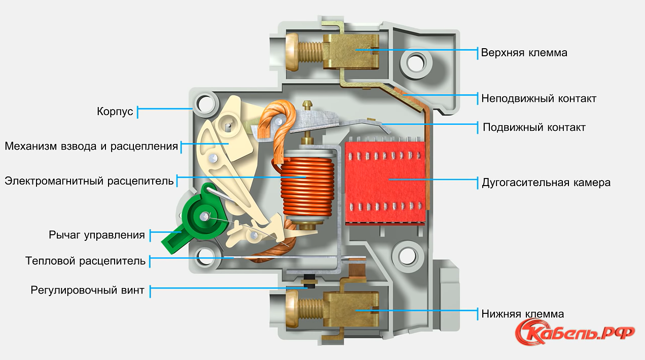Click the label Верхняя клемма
(x=524, y=53)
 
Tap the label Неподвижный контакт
(x=539, y=98)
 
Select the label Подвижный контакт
(x=534, y=127)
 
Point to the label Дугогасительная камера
(x=546, y=183)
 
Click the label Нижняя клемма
(x=522, y=314)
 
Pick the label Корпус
(x=115, y=111)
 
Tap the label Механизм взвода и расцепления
(x=91, y=147)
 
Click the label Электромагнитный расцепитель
(x=89, y=181)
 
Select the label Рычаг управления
(x=97, y=235)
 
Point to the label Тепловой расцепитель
(x=86, y=261)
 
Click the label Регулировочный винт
(x=88, y=291)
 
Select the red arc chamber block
(x=385, y=183)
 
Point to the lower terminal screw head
(x=293, y=310)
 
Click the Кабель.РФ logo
(x=575, y=332)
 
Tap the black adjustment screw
(x=306, y=281)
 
